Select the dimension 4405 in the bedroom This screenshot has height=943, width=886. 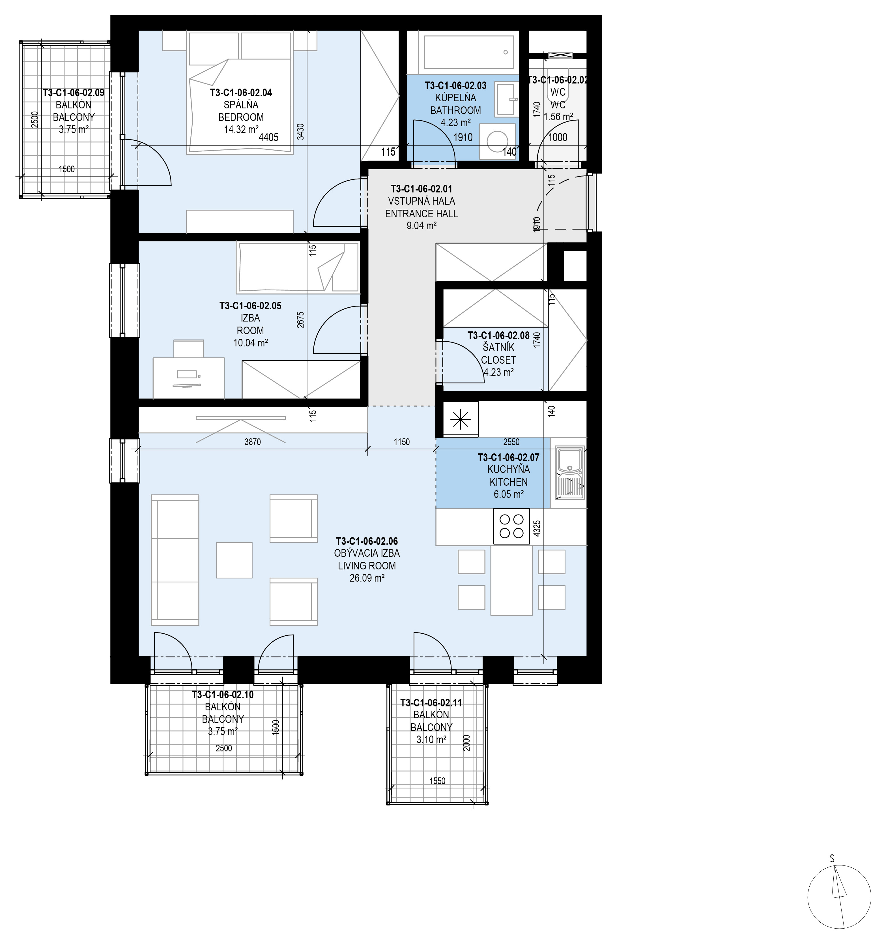point(269,138)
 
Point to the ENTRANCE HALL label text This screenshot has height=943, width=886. point(422,213)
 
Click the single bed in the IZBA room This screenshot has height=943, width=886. point(297,267)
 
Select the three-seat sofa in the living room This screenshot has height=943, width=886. point(175,560)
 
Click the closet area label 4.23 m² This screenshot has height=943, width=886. point(499,372)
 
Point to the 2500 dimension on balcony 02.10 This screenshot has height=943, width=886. point(224,748)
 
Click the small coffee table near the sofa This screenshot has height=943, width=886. point(234,560)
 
